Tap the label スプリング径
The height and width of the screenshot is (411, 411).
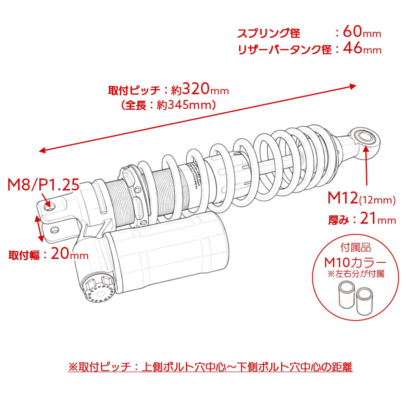[x=269, y=33]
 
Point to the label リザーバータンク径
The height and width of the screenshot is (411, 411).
[x=284, y=49]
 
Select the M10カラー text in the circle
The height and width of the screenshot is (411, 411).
[x=355, y=263]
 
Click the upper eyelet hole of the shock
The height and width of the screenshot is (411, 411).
[x=365, y=137]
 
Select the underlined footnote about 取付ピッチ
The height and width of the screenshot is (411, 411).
[x=210, y=367]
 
